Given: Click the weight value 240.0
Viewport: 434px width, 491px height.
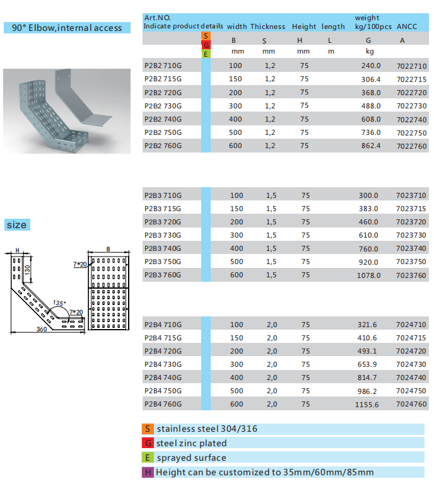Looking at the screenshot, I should point(371,66).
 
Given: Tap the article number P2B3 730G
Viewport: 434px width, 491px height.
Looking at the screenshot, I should point(163,235).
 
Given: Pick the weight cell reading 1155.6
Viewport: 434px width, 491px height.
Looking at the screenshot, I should point(368,405).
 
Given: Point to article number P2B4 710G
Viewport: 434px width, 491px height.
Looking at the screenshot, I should point(163,325).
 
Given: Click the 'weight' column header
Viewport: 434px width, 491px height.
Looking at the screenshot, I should point(367,18).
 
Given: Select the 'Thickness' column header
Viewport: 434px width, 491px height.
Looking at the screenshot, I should point(267,26).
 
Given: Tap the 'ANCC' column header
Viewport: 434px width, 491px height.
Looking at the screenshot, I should point(402,26).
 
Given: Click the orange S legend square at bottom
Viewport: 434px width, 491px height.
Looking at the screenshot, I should point(148,429).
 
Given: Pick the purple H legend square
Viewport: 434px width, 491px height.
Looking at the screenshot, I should point(148,472).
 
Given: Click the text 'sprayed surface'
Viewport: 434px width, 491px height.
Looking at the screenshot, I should point(191,458).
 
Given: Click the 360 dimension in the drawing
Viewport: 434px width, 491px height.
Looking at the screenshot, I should point(42,330).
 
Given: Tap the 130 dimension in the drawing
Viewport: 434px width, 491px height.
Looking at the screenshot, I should point(27,269).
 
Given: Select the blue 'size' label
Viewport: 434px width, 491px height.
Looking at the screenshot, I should point(17,225).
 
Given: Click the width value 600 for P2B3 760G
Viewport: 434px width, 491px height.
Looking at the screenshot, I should point(236,275).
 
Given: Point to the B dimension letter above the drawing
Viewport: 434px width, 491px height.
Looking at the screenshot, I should point(108,250).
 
